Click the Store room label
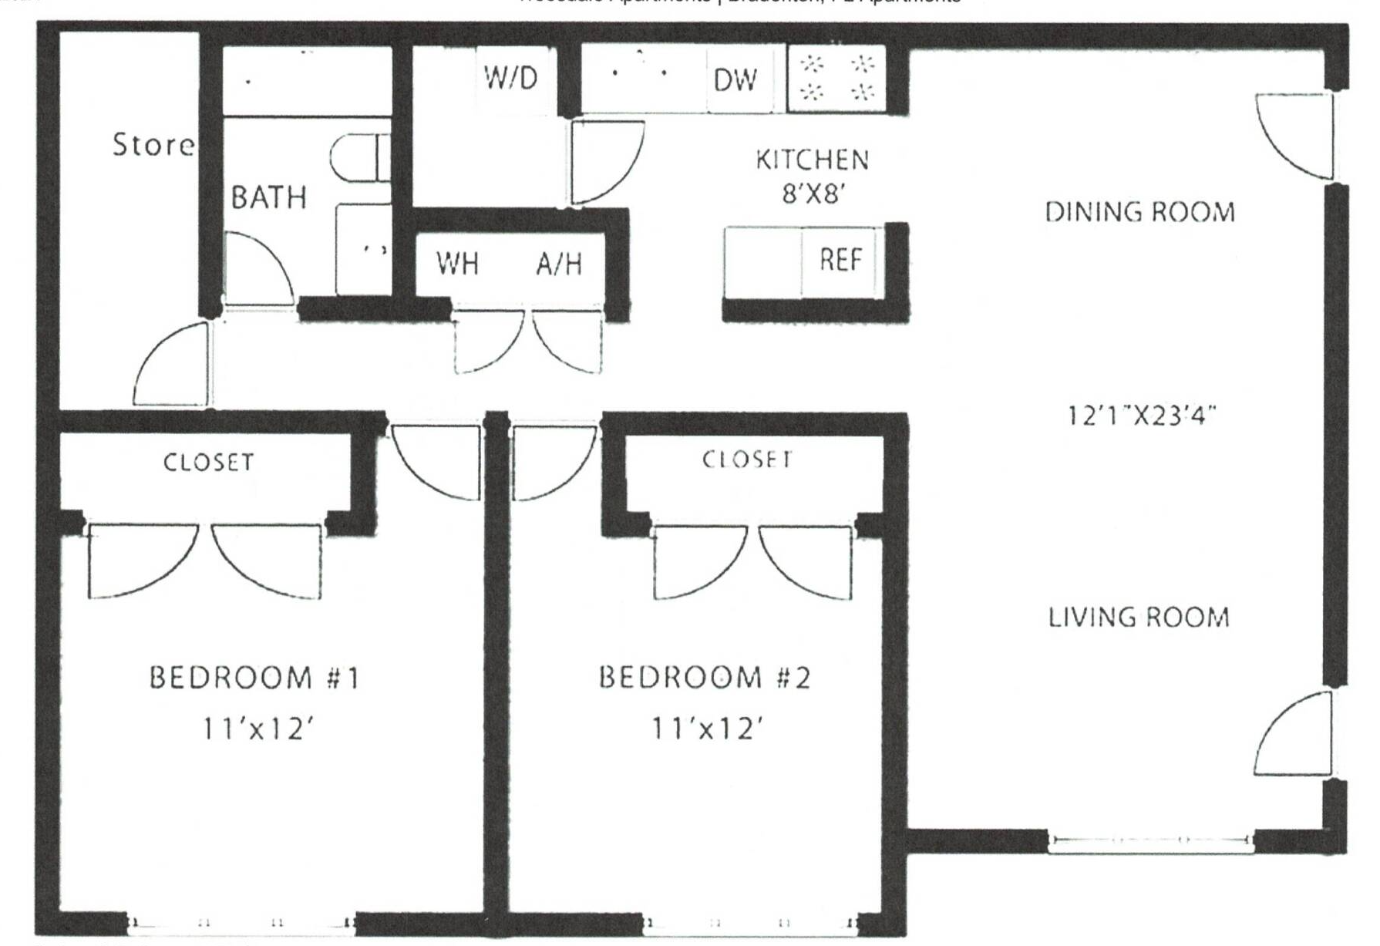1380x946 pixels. coord(153,145)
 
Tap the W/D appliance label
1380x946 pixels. coord(510,78)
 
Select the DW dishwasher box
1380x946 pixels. coord(736,80)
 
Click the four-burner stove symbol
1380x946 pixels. coord(836,79)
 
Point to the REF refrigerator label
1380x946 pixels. coord(840,260)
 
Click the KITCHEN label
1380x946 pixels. coord(812,160)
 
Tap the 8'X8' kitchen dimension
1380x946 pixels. coord(809,194)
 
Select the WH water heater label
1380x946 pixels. coord(458,264)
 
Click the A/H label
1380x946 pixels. coord(559,264)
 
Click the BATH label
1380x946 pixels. coord(269,198)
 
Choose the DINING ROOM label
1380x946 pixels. coord(1139,212)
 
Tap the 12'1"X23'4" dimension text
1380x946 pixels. coord(1141,416)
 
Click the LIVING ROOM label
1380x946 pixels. coord(1138,618)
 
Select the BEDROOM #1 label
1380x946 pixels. coord(254,678)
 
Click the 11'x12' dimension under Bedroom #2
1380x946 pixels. coord(707,728)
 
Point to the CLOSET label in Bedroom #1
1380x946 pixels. coord(208,463)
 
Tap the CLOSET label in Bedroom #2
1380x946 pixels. coord(746,460)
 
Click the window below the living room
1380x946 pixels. coord(1151,841)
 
